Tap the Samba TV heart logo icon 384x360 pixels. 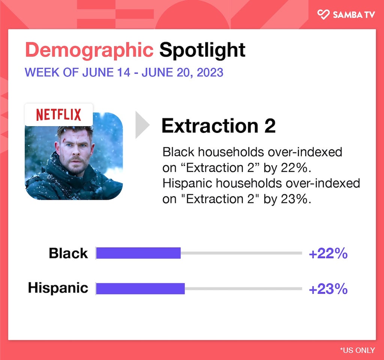[323, 14]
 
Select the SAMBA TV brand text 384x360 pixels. [354, 15]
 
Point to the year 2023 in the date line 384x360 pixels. [210, 72]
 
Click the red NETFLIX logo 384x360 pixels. [58, 115]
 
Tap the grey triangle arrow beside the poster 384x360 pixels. [142, 125]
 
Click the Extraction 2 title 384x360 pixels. [219, 126]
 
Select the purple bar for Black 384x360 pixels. [138, 253]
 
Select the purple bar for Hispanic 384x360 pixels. [140, 288]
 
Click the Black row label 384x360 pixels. [68, 253]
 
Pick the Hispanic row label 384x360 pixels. [58, 288]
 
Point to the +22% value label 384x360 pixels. [328, 253]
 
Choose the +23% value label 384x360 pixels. [328, 289]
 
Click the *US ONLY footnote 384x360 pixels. [357, 350]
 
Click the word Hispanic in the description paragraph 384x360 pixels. [187, 184]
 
